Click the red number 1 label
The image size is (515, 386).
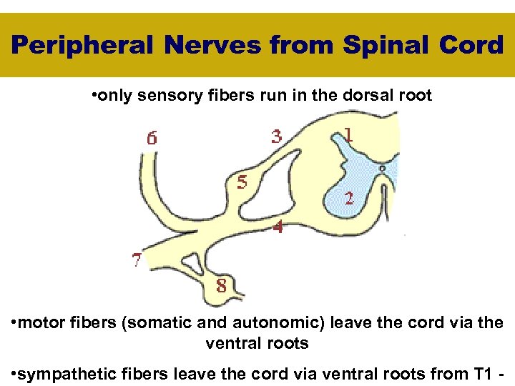click(x=348, y=134)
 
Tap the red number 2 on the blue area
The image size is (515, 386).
click(x=348, y=198)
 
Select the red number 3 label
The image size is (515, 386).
click(x=276, y=135)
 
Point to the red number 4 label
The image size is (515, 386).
click(x=277, y=227)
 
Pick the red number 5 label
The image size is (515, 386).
click(x=242, y=182)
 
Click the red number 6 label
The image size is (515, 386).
click(x=152, y=139)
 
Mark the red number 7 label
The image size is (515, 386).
click(x=137, y=259)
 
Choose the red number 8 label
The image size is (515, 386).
click(x=222, y=286)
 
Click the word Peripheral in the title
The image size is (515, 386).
click(x=83, y=46)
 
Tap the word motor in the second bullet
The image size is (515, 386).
click(x=42, y=323)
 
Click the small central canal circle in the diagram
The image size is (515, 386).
click(x=383, y=169)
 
